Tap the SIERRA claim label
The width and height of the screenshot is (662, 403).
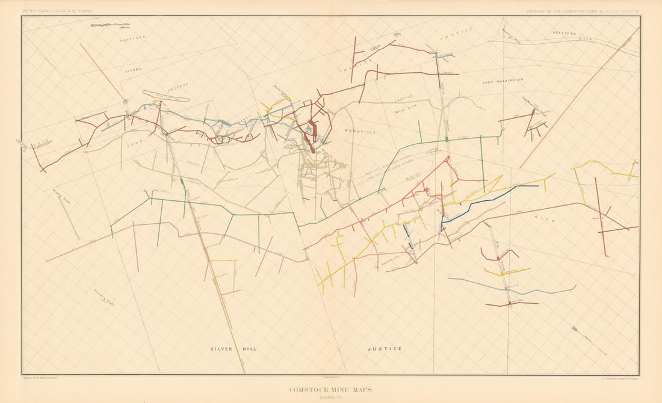pyautogui.click(x=134, y=70)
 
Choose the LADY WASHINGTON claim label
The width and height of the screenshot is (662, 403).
pyautogui.click(x=503, y=80)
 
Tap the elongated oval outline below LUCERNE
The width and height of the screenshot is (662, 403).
pyautogui.click(x=165, y=96)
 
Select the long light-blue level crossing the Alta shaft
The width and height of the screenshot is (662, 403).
pyautogui.click(x=512, y=288)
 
